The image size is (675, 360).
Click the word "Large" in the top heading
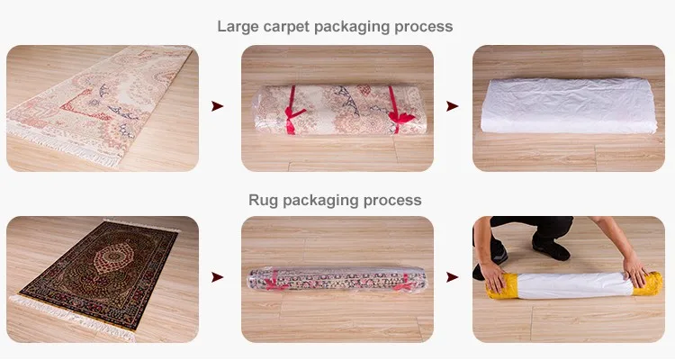(x=238, y=27)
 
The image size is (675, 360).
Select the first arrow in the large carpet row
(x=218, y=106)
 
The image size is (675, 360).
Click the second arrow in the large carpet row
(x=452, y=106)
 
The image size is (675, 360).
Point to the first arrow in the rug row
(x=218, y=277)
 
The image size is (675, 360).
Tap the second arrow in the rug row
(x=452, y=277)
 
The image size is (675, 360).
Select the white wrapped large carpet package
(x=568, y=105)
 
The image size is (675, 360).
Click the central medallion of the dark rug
(x=113, y=257)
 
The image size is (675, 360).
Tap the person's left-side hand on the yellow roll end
(x=494, y=275)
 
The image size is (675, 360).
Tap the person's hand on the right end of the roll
(x=636, y=270)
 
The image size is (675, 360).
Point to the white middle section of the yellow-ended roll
(x=575, y=285)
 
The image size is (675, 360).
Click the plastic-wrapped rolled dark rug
(x=337, y=279)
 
